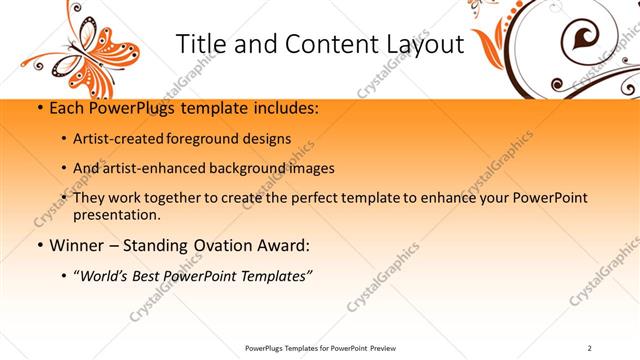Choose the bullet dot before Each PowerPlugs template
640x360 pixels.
(38, 108)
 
